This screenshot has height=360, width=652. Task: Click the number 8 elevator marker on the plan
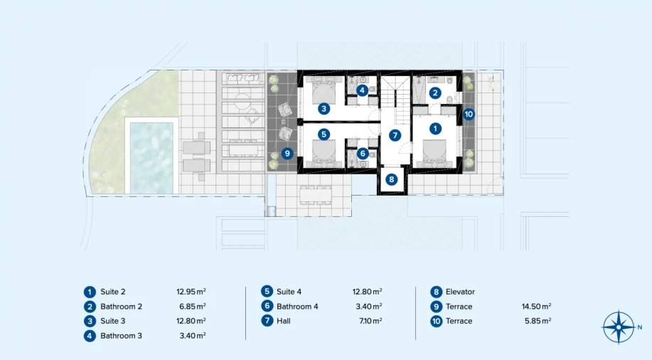coord(391,179)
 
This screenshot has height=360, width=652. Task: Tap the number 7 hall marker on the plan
coord(395,135)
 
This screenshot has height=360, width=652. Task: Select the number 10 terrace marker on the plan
coord(469,114)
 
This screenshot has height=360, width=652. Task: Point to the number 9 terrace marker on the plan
coord(287,154)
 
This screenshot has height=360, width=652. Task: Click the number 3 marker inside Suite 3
coord(324,109)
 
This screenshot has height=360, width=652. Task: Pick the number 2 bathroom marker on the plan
coord(435,93)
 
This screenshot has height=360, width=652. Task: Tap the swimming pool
coord(151,158)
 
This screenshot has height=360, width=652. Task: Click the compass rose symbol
coord(619,327)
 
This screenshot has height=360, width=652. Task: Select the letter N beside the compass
coord(639,327)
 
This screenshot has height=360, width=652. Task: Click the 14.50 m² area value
coord(536,307)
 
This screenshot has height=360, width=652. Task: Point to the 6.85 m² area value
coord(193,307)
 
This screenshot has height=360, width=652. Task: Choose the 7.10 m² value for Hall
coord(370,321)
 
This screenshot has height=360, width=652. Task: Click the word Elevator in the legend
coord(460,292)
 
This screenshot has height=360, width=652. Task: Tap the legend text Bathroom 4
coord(297,307)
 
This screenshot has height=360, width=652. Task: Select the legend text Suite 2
coord(112,292)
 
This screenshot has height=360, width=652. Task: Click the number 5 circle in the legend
coord(267,291)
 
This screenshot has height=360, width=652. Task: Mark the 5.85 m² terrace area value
coord(538,321)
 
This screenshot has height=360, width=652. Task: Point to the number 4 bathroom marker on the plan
coord(362,90)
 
